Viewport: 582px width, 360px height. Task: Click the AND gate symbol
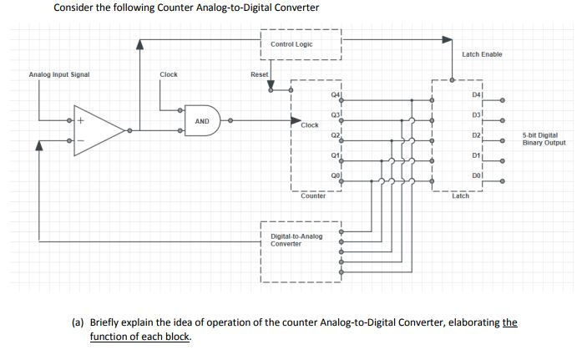tap(204, 122)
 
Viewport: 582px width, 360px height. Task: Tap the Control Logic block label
tap(291, 43)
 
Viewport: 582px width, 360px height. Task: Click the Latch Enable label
tap(482, 54)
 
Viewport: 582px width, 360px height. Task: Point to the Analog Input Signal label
tap(59, 74)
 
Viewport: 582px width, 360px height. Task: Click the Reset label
tap(260, 74)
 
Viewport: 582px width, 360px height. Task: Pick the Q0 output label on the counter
tap(335, 176)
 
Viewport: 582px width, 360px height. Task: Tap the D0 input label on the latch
tap(476, 176)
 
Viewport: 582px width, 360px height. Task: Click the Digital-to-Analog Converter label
tap(296, 240)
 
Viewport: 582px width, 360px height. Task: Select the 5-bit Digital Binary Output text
tap(544, 139)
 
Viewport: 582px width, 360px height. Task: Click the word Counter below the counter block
tap(313, 195)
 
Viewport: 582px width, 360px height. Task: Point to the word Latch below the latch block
tap(460, 195)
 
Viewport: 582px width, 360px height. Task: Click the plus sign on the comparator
tap(81, 121)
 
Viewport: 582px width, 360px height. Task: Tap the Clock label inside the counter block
tap(309, 125)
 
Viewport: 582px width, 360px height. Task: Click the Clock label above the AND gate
tap(169, 74)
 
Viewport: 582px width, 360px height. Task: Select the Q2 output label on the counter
tap(335, 135)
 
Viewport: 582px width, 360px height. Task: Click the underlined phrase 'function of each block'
tap(140, 337)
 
